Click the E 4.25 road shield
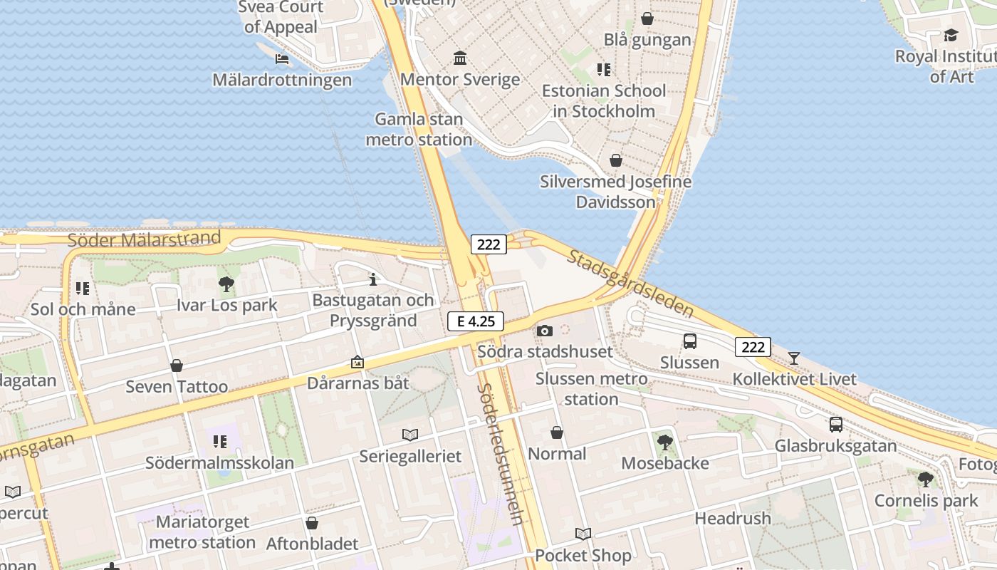pos(476,321)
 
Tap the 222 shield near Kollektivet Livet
pos(753,347)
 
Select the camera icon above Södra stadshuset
pos(545,331)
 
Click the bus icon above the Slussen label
pos(689,341)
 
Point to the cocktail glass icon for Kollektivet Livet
pos(794,358)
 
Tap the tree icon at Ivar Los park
pos(226,284)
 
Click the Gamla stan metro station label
pos(419,129)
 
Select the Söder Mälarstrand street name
pos(144,239)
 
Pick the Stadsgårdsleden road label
pos(630,283)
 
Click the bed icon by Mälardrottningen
pos(282,58)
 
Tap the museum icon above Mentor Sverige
pos(460,58)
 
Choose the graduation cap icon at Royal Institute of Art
pos(951,35)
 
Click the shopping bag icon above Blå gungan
pos(647,19)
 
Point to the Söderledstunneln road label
pos(502,454)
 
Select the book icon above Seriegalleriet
pos(410,435)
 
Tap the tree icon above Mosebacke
pos(665,442)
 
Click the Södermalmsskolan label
pos(219,462)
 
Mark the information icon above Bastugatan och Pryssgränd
pos(372,279)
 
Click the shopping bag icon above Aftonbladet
pos(312,523)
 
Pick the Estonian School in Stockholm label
pos(604,100)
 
